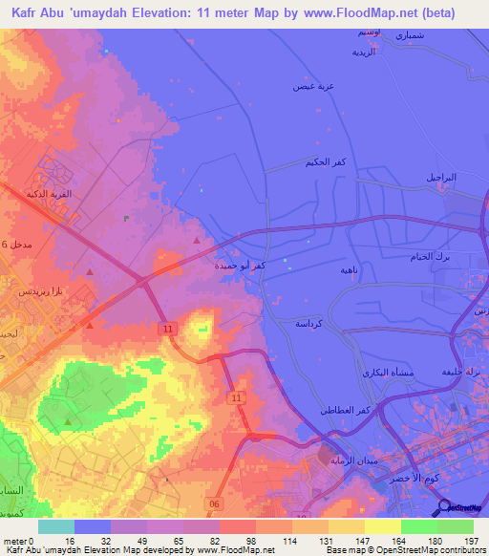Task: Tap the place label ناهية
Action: (350, 270)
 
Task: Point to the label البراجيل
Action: (441, 178)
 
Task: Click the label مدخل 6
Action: (16, 246)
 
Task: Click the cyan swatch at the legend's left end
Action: (56, 526)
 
